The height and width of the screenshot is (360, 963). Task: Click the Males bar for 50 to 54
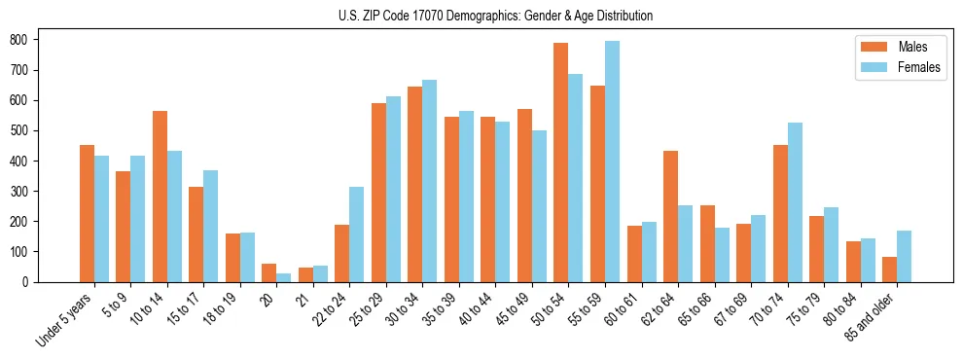tap(561, 162)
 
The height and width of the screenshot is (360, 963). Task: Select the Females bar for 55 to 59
tap(612, 162)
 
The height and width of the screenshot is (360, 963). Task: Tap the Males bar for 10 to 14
tap(160, 197)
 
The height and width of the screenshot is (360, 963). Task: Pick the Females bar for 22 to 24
tap(357, 234)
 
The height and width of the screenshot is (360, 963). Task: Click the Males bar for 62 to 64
tap(670, 216)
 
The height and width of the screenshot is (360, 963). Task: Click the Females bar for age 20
tap(283, 277)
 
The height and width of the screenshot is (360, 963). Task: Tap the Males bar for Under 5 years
tap(87, 213)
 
